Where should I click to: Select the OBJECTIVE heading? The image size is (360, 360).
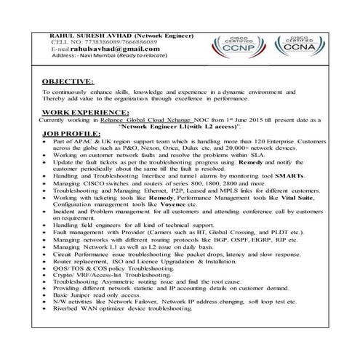pyautogui.click(x=67, y=82)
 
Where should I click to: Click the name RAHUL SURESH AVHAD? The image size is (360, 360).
pyautogui.click(x=82, y=35)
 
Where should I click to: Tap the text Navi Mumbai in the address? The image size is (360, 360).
pyautogui.click(x=110, y=56)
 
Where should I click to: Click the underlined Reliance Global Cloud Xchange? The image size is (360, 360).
pyautogui.click(x=140, y=120)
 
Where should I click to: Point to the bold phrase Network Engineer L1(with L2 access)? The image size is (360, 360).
pyautogui.click(x=185, y=127)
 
